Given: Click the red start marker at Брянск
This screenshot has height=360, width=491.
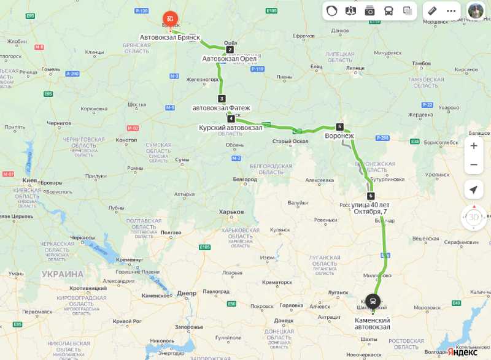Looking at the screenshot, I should click(169, 19).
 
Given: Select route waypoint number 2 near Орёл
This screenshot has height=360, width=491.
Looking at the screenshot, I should click(230, 50).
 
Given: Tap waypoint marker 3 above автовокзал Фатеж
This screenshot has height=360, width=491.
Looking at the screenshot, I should click(222, 99).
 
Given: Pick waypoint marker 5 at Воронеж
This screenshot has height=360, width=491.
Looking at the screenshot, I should click(339, 127).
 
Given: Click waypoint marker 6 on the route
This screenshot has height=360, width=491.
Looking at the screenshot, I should click(371, 196).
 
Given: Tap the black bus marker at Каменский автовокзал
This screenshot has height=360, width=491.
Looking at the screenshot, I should click(373, 301).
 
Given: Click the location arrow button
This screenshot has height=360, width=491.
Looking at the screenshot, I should click(473, 190).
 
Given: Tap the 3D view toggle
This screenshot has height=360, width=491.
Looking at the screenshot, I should click(474, 218).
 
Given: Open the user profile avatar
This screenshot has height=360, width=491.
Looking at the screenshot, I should click(476, 10).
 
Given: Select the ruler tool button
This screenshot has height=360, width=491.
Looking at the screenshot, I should click(432, 10).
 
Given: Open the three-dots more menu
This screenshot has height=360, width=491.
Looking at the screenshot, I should click(451, 10).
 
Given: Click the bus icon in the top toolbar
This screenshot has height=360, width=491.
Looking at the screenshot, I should click(389, 10).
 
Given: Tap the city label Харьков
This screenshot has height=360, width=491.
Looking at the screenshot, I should click(231, 212).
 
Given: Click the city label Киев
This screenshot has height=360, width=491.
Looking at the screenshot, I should click(30, 181).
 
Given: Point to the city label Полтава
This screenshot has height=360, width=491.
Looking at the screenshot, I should click(171, 232).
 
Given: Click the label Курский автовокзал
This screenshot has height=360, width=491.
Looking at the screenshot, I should click(230, 128).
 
